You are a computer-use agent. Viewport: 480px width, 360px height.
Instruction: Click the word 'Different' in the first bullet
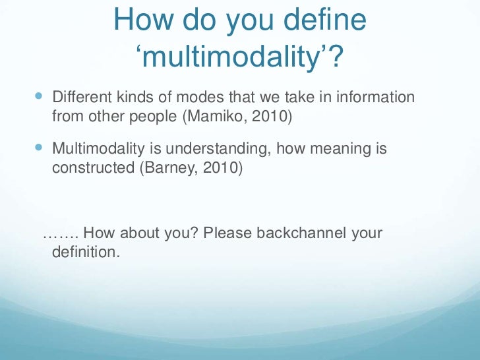point(78,98)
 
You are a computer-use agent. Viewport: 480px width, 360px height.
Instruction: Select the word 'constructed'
point(92,169)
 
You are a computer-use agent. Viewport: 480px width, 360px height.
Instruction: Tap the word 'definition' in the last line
point(83,253)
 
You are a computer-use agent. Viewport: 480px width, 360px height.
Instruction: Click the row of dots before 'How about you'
point(60,235)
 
